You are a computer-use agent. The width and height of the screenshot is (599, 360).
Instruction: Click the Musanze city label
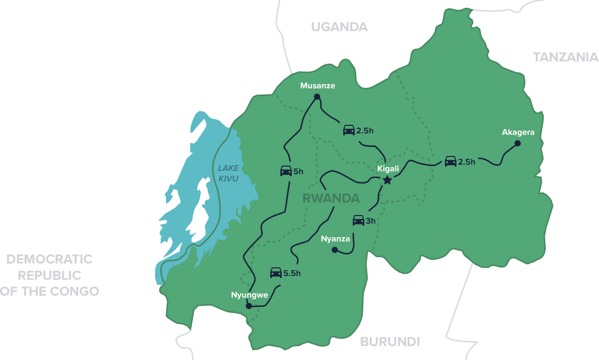tap(317, 86)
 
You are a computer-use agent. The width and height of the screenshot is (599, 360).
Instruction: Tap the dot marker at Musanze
tap(317, 97)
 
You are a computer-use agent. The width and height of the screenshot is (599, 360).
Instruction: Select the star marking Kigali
tap(387, 180)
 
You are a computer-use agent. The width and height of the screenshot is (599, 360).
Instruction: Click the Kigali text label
tap(388, 169)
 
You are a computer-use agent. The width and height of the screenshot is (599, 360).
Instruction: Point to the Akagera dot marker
tap(517, 143)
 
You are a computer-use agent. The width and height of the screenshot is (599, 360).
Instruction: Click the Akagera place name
tap(518, 132)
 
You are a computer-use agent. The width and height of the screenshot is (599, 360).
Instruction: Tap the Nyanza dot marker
tap(335, 250)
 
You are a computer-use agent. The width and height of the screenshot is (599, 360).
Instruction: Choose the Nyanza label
tap(335, 239)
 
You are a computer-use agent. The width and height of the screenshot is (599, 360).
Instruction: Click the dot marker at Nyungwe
tap(249, 306)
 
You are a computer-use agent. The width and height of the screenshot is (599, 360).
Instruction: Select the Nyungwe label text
tap(250, 295)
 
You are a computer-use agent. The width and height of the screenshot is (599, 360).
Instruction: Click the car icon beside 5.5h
tap(276, 273)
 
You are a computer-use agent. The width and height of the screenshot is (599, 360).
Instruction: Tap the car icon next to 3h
tap(359, 220)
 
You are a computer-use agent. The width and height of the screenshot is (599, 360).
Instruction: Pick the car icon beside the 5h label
tap(286, 171)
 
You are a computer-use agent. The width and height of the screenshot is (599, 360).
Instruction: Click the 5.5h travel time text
tap(292, 274)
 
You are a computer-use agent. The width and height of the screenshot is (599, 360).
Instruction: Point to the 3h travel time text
tap(371, 221)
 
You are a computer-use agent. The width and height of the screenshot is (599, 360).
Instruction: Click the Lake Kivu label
tap(228, 173)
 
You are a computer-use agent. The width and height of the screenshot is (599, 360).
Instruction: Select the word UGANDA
tap(339, 27)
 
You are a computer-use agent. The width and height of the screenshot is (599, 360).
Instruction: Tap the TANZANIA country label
tap(565, 57)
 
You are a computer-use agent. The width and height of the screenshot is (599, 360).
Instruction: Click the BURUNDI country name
tap(390, 342)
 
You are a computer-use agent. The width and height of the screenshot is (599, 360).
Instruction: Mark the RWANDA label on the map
tap(331, 198)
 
